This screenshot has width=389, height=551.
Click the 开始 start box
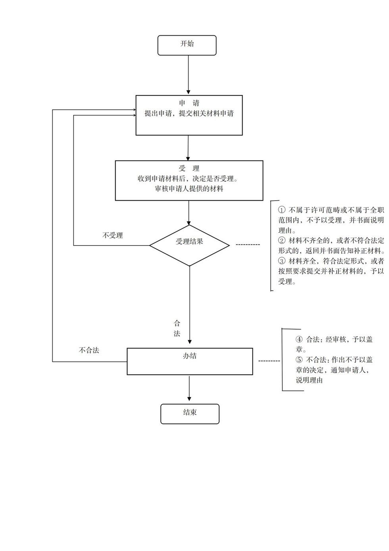(187, 45)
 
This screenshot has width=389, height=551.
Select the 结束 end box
(190, 414)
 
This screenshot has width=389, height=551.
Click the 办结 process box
(190, 361)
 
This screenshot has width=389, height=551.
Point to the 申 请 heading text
(189, 103)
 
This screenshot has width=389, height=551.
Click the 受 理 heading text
(189, 168)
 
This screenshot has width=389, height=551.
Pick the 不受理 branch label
(113, 236)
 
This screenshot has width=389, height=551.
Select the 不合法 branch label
(89, 350)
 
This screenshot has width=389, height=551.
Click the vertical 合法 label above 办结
(177, 329)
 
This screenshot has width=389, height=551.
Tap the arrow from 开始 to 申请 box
(189, 75)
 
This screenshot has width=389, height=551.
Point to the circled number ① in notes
(282, 210)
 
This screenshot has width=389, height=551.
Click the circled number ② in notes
(282, 241)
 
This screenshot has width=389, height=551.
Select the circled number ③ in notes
(282, 261)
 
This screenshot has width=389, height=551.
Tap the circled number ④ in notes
(299, 340)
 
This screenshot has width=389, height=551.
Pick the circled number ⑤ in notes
(299, 360)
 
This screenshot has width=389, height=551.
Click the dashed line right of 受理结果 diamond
(248, 245)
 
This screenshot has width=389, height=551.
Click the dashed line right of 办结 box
(269, 361)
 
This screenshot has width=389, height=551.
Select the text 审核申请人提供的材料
(189, 189)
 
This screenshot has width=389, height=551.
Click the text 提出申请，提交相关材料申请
(189, 114)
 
